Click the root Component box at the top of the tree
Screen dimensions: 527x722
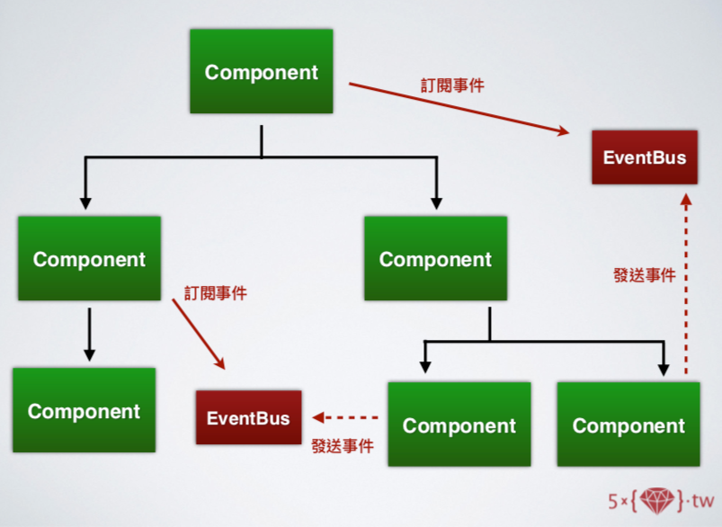(x=261, y=72)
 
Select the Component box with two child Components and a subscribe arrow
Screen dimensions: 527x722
(x=89, y=259)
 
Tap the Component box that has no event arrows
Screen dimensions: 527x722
(x=435, y=259)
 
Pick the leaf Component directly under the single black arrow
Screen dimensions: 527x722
(x=84, y=411)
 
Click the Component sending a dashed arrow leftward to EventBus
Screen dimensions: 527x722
(x=459, y=424)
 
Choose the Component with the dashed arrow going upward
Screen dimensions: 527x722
(x=628, y=424)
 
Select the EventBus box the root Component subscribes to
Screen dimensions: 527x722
(x=644, y=157)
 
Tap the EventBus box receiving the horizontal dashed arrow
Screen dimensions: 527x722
(x=248, y=417)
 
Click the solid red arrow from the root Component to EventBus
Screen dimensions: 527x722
(x=459, y=109)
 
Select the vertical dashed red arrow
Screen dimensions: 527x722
(x=686, y=279)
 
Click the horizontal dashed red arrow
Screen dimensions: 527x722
(x=346, y=417)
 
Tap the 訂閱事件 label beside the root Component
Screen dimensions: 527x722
(x=452, y=85)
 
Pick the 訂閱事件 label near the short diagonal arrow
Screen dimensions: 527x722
(x=216, y=293)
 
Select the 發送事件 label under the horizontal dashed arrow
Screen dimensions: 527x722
(x=342, y=444)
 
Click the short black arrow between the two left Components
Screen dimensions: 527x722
(x=88, y=333)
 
